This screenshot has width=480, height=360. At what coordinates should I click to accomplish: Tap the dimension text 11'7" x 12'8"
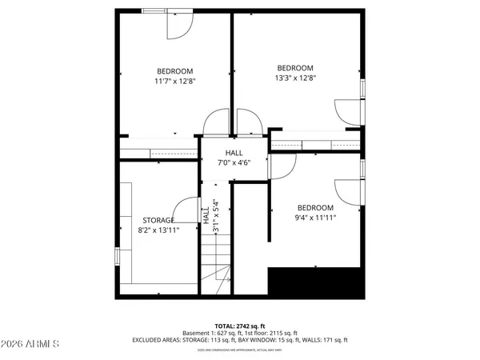(175, 81)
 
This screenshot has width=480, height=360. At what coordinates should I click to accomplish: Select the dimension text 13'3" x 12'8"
(295, 78)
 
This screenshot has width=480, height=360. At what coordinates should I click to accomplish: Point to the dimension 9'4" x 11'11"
(316, 217)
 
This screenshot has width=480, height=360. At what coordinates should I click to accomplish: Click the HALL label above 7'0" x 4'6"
(234, 153)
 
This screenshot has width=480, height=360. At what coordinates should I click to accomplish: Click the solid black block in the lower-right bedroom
(316, 282)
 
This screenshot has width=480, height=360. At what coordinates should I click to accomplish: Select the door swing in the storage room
(187, 210)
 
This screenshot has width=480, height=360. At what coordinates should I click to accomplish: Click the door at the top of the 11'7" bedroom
(177, 25)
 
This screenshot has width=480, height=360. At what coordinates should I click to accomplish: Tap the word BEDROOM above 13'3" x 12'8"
(295, 68)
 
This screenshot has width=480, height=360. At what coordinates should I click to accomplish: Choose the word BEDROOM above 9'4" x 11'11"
(316, 206)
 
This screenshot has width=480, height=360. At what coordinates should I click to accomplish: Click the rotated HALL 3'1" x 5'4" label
(210, 217)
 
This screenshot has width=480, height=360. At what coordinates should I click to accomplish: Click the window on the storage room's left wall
(118, 256)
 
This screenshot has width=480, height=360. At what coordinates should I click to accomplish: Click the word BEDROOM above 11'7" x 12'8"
(175, 70)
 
